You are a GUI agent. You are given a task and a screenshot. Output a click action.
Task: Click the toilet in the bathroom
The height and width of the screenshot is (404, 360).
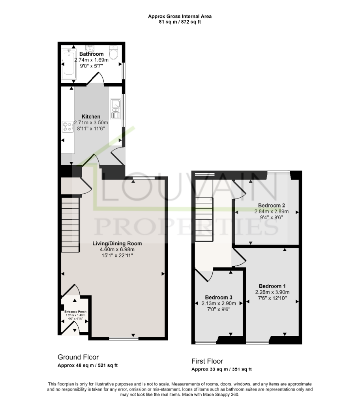[x=113, y=52]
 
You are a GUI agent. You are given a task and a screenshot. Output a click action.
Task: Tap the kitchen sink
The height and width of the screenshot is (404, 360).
[x=116, y=109]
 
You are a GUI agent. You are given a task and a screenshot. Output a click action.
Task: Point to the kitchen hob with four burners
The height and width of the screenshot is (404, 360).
[x=68, y=127]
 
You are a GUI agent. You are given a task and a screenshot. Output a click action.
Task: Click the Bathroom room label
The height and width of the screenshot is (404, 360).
[x=91, y=54]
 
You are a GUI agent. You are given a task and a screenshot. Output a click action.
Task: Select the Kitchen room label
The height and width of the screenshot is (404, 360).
[x=91, y=116]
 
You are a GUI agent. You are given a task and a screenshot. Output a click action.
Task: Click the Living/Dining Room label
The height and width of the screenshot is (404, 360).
[x=117, y=243]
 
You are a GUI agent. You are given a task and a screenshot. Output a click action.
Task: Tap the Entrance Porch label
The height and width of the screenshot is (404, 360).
[x=75, y=312]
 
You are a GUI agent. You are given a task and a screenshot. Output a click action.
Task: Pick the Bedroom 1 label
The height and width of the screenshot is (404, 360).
[x=272, y=286]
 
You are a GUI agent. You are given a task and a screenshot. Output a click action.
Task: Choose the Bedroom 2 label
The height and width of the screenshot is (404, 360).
[x=272, y=205]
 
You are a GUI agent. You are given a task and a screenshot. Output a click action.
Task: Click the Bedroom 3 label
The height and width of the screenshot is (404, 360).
[x=219, y=297]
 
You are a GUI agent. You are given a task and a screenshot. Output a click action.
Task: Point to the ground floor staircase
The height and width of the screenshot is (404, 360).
[x=70, y=224]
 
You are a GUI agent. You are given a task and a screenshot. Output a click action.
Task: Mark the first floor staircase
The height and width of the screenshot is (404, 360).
[x=204, y=219]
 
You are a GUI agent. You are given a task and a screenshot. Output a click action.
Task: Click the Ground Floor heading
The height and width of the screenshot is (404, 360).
[x=78, y=357]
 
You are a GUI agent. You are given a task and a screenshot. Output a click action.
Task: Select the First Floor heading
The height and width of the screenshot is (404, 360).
[x=207, y=361]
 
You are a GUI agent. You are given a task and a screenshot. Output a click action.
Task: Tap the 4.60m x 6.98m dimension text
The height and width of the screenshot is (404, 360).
[x=117, y=249]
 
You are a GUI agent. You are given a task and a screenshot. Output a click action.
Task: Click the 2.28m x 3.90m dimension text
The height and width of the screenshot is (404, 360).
[x=272, y=292]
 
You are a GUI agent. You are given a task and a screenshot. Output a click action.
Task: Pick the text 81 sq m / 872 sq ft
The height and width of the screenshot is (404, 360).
[x=180, y=22]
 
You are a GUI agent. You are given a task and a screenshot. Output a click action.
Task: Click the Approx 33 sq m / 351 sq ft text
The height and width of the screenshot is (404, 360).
[x=221, y=369]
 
